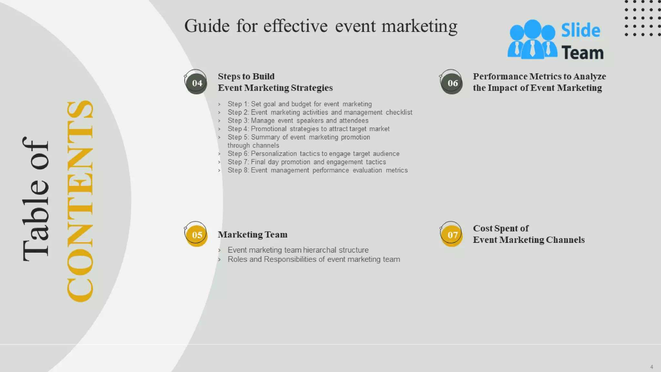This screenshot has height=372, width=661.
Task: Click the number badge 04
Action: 197,83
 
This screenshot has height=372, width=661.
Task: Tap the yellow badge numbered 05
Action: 197,235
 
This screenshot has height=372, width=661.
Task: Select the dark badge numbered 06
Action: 452,83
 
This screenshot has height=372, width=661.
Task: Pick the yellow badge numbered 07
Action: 452,235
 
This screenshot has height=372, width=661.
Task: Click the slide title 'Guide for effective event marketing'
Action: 321,26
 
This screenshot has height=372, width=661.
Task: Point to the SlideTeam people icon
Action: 532,40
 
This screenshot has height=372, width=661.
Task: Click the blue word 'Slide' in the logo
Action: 580,31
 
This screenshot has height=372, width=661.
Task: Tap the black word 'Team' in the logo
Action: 582,53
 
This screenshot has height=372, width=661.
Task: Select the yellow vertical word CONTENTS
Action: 80,201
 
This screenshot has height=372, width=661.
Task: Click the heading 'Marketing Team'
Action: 252,234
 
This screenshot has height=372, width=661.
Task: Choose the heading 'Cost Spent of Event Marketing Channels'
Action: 529,234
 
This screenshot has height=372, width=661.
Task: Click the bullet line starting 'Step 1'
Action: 300,104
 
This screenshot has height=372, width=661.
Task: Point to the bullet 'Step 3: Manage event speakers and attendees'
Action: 298,120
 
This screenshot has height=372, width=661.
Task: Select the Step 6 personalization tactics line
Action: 313,154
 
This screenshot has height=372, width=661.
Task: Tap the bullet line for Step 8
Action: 318,170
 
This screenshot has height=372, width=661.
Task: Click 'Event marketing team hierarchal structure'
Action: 298,250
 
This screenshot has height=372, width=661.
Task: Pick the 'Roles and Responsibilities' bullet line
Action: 314,259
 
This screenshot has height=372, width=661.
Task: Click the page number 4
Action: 652,367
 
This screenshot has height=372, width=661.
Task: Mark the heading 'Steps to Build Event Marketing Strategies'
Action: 275,82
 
